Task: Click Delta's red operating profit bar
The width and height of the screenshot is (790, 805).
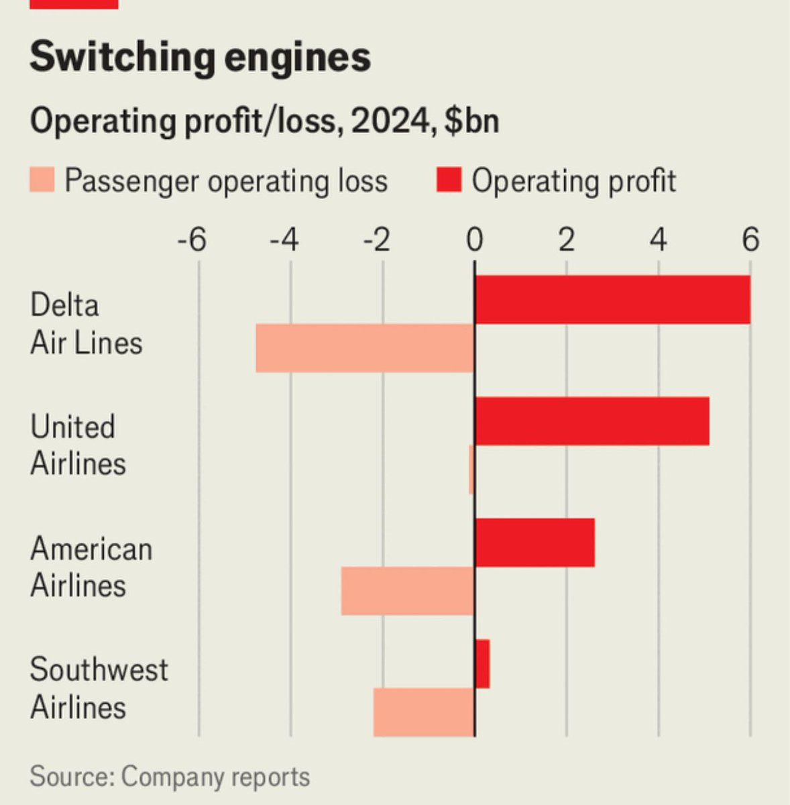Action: point(612,300)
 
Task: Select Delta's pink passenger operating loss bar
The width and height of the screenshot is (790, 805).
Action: point(365,348)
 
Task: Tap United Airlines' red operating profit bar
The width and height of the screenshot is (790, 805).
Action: point(591,421)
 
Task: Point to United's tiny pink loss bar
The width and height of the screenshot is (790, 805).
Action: point(471,470)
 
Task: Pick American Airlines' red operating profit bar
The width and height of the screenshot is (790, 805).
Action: point(534,543)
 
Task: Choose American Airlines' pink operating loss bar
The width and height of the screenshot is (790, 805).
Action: point(408,591)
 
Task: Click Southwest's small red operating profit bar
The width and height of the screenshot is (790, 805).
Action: point(482,664)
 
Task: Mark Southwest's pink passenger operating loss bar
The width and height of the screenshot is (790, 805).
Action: point(424,712)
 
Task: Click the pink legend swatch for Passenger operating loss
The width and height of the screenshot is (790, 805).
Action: point(42,181)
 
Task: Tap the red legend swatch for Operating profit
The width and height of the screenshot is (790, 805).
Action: point(449,181)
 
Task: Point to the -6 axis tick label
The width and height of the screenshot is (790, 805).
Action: point(192,239)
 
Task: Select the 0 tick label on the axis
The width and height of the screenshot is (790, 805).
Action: point(475,239)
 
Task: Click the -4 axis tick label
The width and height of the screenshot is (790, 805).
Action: point(284,239)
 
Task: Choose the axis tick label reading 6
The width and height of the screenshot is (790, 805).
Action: point(751,239)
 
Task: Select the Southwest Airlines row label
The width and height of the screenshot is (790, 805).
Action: point(99,688)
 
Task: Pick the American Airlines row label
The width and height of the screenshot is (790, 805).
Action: point(91,567)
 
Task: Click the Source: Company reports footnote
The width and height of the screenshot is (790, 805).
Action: point(170,777)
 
